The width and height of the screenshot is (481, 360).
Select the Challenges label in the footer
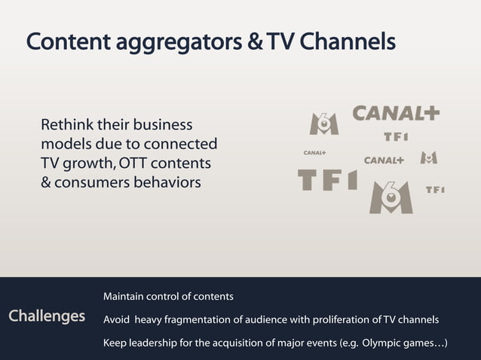tap(47, 316)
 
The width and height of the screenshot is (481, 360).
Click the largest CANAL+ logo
tap(397, 114)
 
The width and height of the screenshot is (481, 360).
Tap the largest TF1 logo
tap(327, 180)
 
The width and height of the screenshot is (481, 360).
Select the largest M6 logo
tap(391, 197)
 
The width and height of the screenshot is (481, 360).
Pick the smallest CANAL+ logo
tap(314, 153)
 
